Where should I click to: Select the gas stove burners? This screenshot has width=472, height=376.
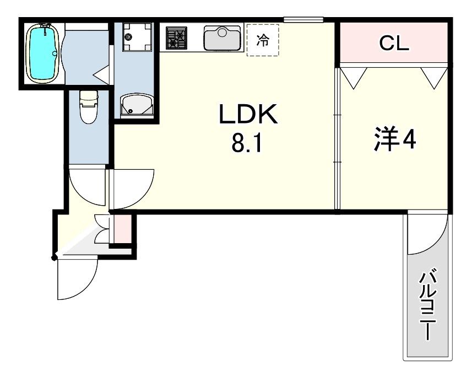click(176, 37)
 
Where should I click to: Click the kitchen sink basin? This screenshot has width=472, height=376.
click(223, 37)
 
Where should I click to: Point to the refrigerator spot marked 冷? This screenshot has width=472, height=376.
click(263, 40)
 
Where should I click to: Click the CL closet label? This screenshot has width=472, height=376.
click(394, 44)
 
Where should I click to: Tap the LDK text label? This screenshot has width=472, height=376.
click(248, 114)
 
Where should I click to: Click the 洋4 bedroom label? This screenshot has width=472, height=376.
click(395, 139)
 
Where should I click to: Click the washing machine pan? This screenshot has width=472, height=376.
click(137, 37)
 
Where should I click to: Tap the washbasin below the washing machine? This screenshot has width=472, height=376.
click(137, 105)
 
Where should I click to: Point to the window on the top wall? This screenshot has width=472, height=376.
click(303, 20)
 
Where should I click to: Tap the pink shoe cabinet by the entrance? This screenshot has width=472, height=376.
click(123, 228)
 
